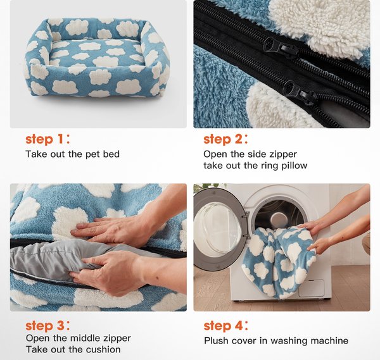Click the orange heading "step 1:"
pyautogui.click(x=48, y=139)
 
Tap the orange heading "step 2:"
pyautogui.click(x=226, y=139)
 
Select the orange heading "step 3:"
pyautogui.click(x=48, y=326)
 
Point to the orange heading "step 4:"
pyautogui.click(x=226, y=326)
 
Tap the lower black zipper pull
pyautogui.click(x=300, y=91)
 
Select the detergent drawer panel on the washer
pyautogui.click(x=311, y=288)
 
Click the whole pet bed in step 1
pyautogui.click(x=98, y=58)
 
